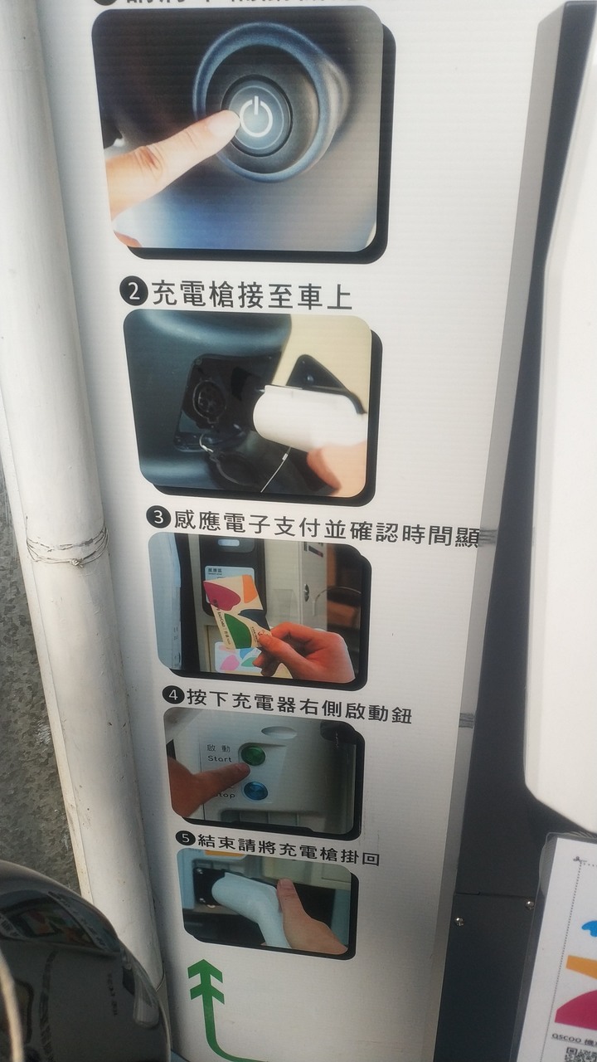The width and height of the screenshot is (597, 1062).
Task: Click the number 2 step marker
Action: coord(133,293)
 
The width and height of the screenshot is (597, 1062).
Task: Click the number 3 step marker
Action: coord(158,518)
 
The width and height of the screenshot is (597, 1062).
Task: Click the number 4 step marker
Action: coord(173,694)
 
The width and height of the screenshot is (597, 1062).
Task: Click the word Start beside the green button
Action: coord(220,758)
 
